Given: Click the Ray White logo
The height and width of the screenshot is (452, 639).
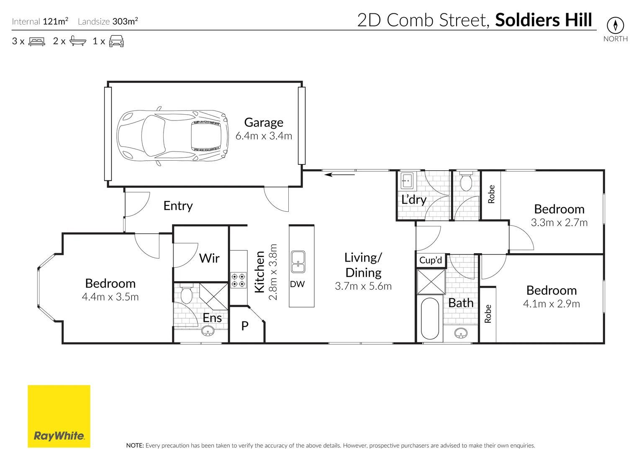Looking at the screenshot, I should pos(59,416).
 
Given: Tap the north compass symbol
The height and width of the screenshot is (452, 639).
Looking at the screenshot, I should pos(615,26).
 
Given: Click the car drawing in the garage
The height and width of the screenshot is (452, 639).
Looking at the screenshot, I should pos(173,136).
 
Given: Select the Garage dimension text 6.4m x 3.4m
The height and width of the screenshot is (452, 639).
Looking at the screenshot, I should pos(264,136).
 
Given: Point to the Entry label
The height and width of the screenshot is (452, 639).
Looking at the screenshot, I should pos(178,206).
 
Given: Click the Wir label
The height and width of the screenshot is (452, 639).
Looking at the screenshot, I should pos(209,258).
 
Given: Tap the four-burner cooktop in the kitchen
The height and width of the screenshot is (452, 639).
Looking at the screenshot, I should pos(239,280).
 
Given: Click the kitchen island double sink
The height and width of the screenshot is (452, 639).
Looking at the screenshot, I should pos(298,262).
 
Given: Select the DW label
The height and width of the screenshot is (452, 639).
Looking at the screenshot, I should pos(297,284).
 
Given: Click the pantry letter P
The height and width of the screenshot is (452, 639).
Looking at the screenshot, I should pos(245,326).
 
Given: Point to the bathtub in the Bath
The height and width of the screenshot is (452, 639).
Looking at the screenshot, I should pos(430,318).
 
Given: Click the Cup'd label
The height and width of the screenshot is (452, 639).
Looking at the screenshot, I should pos(431,260).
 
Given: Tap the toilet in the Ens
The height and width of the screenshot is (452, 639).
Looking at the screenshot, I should pos(186,294).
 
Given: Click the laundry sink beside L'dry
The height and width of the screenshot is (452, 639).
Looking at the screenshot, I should pos(407,181).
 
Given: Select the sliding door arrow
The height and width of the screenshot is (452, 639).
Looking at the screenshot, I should pos(339,175).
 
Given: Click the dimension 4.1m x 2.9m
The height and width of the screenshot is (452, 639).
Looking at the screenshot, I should pos(552,304).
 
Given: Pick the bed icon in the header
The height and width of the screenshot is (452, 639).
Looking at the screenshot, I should pos(37,41).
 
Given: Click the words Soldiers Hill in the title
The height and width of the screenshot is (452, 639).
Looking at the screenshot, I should pos(544,20).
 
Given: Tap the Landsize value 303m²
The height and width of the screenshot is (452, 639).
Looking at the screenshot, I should pos(125,21).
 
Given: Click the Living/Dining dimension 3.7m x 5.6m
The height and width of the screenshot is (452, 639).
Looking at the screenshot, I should pos(363,286).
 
